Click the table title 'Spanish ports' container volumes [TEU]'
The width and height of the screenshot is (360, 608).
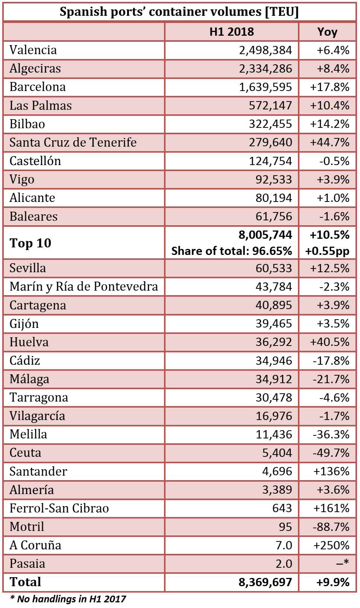click(179, 12)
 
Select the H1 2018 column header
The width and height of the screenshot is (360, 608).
click(231, 32)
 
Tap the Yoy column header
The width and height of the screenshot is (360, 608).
click(327, 32)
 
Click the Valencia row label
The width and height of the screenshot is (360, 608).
click(33, 50)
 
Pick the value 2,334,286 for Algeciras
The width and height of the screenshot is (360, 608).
click(265, 68)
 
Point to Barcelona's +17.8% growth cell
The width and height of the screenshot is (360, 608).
click(330, 87)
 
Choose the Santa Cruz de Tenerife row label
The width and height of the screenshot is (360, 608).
click(73, 143)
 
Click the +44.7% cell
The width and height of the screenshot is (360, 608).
click(330, 143)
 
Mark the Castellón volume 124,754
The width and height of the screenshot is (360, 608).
click(270, 161)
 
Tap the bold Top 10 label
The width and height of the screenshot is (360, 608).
click(30, 243)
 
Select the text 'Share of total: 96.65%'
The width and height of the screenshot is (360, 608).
click(231, 251)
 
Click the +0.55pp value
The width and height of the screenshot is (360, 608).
click(327, 251)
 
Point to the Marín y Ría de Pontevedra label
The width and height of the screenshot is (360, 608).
click(84, 287)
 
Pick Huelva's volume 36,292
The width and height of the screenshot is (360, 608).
click(273, 342)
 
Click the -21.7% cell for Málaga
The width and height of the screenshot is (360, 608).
click(331, 379)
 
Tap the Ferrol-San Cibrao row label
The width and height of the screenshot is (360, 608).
click(59, 508)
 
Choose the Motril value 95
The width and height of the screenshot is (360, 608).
click(285, 527)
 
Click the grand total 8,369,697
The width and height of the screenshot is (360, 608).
click(265, 582)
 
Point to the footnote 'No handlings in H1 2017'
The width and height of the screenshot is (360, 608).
click(71, 599)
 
